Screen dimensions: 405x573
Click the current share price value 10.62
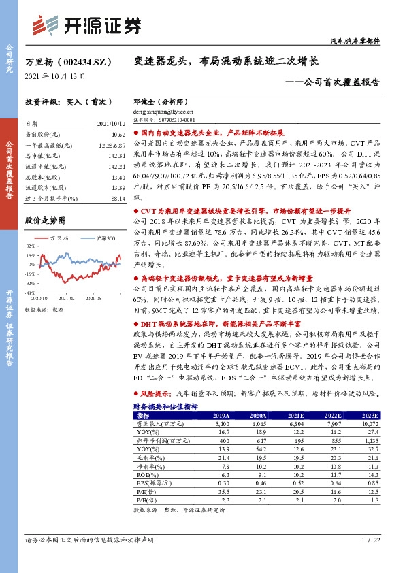(x=116, y=135)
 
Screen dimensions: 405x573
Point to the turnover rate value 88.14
(x=117, y=197)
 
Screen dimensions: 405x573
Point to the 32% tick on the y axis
(x=30, y=246)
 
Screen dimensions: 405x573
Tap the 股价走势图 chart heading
(x=45, y=220)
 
